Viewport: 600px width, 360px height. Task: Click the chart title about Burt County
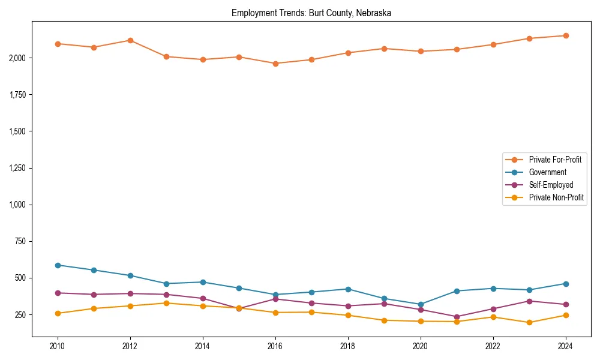click(x=311, y=13)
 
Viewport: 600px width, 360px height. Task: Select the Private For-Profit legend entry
click(x=555, y=160)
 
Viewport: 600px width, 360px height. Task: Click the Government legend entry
click(x=547, y=172)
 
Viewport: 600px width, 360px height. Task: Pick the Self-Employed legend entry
click(x=551, y=185)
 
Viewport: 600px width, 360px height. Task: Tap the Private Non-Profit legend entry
click(x=556, y=197)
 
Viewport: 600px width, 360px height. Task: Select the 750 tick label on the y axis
click(x=20, y=241)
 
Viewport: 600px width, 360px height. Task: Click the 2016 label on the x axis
click(x=275, y=346)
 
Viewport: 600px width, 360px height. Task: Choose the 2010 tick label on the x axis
click(x=58, y=346)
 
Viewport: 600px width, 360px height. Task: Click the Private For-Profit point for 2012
click(x=130, y=40)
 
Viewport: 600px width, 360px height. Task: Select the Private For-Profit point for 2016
click(x=275, y=64)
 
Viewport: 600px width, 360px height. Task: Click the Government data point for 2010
click(x=58, y=265)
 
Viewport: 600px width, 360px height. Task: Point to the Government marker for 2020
click(x=421, y=304)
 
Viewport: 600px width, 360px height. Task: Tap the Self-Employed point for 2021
click(x=457, y=317)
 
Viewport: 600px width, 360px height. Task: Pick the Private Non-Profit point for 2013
click(x=167, y=303)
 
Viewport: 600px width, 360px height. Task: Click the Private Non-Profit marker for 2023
click(x=529, y=322)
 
